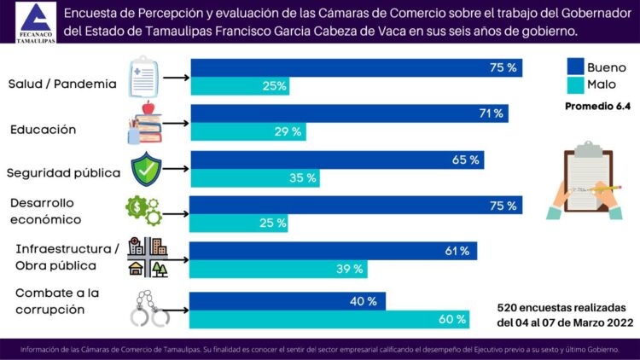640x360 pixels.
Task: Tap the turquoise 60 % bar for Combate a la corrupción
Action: (x=329, y=319)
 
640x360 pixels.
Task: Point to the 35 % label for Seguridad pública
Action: (x=304, y=178)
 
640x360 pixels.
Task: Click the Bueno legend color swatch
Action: (x=575, y=66)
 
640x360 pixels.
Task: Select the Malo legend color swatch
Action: (x=575, y=84)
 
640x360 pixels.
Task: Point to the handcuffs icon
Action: (x=149, y=308)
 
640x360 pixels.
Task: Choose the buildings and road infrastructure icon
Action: (x=148, y=258)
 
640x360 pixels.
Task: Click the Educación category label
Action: (x=44, y=130)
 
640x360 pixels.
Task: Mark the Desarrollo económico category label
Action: (x=46, y=212)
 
